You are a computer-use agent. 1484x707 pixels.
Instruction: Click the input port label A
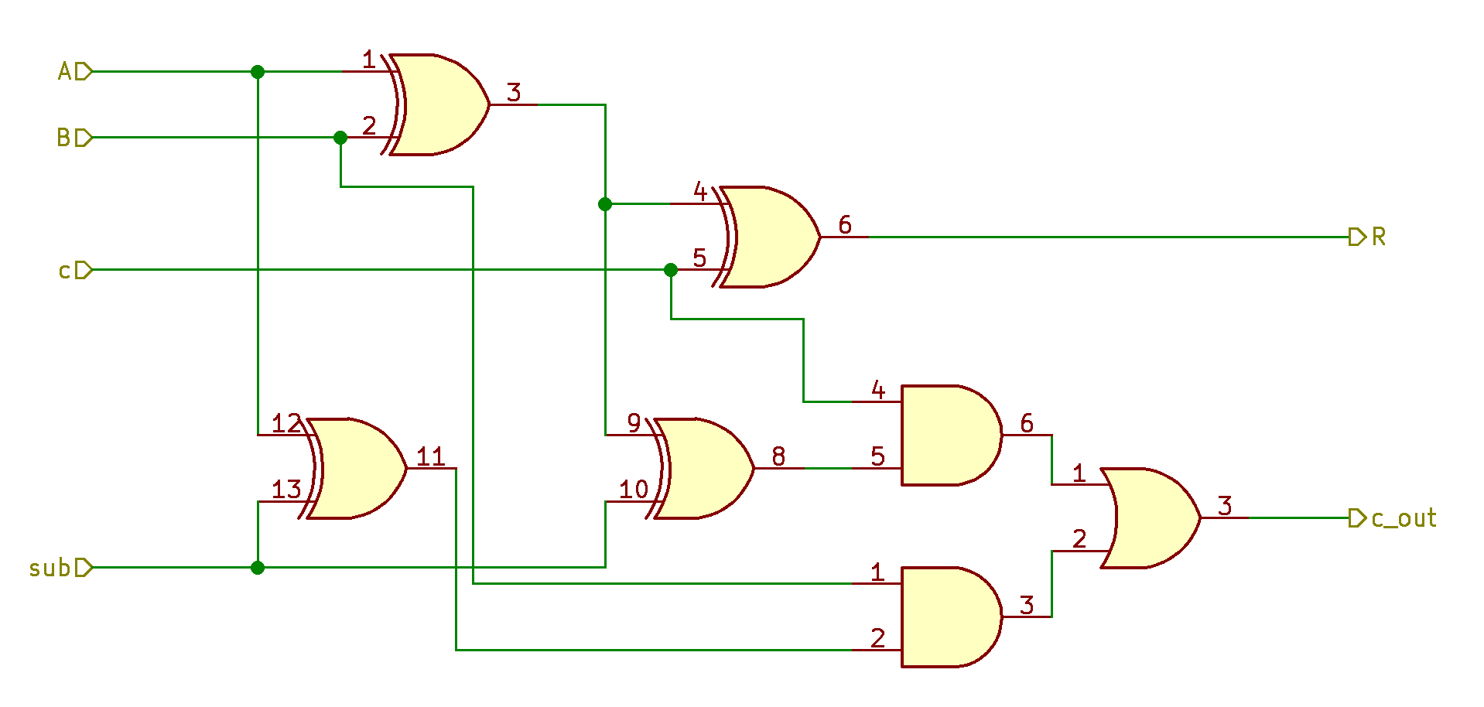pos(65,72)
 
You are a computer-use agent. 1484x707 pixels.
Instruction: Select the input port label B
pos(64,138)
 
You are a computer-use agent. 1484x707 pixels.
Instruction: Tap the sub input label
pos(50,569)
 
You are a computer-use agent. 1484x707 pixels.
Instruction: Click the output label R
pos(1378,237)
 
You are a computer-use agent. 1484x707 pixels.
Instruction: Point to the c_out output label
pos(1403,518)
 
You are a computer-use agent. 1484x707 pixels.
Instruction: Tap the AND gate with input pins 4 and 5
pos(949,435)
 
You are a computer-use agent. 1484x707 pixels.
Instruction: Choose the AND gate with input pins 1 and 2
pos(949,617)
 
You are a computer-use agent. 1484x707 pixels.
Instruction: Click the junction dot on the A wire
pos(258,72)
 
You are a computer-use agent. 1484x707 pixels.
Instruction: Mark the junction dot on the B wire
pos(340,138)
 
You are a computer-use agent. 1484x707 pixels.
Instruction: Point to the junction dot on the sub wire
pos(258,568)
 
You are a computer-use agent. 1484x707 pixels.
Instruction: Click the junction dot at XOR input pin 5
pos(671,270)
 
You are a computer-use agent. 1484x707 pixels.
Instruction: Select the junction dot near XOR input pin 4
pos(605,204)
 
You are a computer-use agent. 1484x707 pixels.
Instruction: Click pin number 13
pos(286,490)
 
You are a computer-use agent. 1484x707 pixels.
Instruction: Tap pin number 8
pos(778,457)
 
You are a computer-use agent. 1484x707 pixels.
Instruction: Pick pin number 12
pos(286,423)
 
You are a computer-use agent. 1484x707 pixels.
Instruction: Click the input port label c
pos(65,271)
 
